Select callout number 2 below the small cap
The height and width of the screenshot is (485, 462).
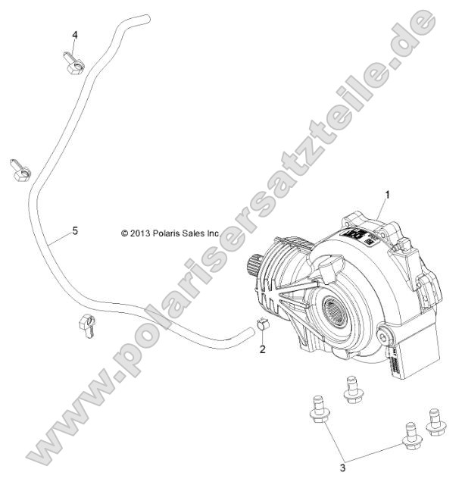pyautogui.click(x=262, y=350)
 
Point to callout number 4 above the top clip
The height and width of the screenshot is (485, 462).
pyautogui.click(x=75, y=35)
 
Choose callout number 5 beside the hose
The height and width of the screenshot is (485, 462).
pyautogui.click(x=74, y=231)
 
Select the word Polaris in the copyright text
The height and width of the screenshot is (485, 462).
pyautogui.click(x=171, y=234)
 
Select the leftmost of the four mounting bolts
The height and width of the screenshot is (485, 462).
pyautogui.click(x=317, y=410)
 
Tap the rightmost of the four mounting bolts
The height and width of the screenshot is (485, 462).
pyautogui.click(x=435, y=421)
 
